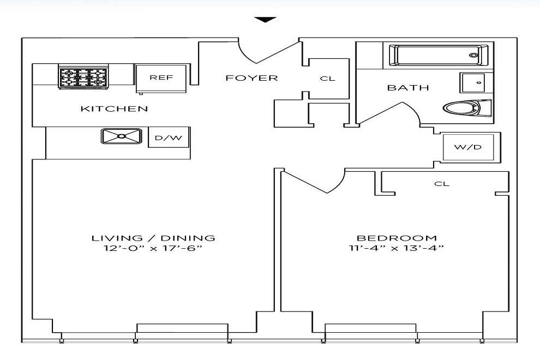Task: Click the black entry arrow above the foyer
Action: [x=266, y=20]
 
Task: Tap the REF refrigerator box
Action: [x=161, y=79]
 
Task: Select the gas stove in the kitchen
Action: [x=83, y=76]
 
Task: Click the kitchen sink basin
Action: [x=121, y=136]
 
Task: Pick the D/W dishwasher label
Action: [x=169, y=138]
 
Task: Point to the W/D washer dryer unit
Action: [x=468, y=147]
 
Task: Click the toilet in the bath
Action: [x=467, y=108]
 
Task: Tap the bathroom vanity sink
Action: [x=472, y=83]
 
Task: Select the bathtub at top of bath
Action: [x=439, y=55]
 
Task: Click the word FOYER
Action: [x=252, y=78]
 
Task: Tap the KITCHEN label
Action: [x=115, y=109]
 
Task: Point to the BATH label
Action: [x=408, y=88]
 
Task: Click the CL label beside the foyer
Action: [x=327, y=79]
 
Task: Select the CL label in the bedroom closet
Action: [x=442, y=184]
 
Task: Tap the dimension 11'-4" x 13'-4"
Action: [x=397, y=248]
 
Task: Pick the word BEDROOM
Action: [x=397, y=238]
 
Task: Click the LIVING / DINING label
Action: [x=153, y=238]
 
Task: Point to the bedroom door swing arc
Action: [x=339, y=185]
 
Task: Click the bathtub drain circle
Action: [x=474, y=55]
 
